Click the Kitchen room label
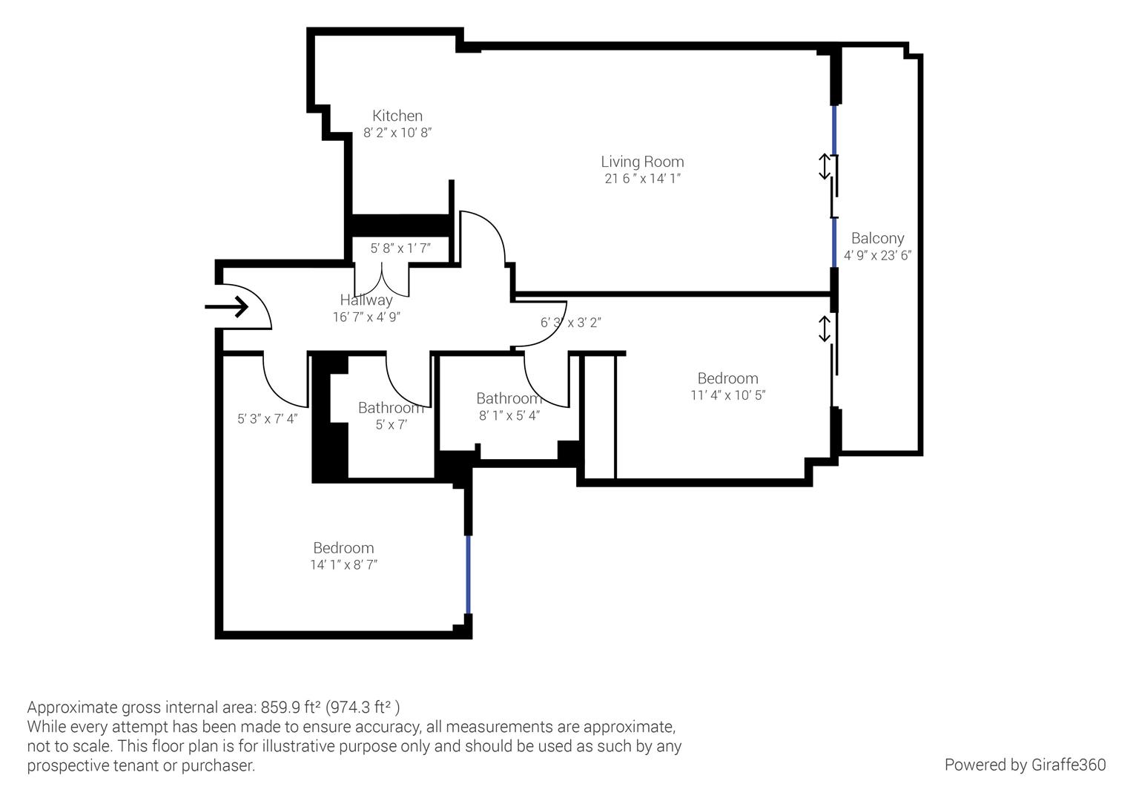pyautogui.click(x=397, y=116)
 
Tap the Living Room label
pyautogui.click(x=642, y=162)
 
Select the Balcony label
pyautogui.click(x=877, y=238)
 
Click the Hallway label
pyautogui.click(x=366, y=300)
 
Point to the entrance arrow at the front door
pyautogui.click(x=227, y=306)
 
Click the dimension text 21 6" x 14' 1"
pyautogui.click(x=642, y=179)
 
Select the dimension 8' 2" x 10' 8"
pyautogui.click(x=397, y=133)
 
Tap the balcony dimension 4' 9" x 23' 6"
pyautogui.click(x=877, y=255)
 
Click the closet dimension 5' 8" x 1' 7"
pyautogui.click(x=400, y=248)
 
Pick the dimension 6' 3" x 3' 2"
pyautogui.click(x=570, y=323)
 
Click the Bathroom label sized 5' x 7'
pyautogui.click(x=391, y=408)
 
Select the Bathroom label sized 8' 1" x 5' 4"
pyautogui.click(x=509, y=398)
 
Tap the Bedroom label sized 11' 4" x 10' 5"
pyautogui.click(x=727, y=378)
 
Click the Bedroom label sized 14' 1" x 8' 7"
pyautogui.click(x=343, y=548)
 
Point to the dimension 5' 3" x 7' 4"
pyautogui.click(x=268, y=419)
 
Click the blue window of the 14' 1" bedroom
pyautogui.click(x=468, y=575)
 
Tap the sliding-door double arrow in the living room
pyautogui.click(x=824, y=166)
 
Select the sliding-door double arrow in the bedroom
pyautogui.click(x=824, y=329)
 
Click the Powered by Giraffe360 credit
pyautogui.click(x=1025, y=765)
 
